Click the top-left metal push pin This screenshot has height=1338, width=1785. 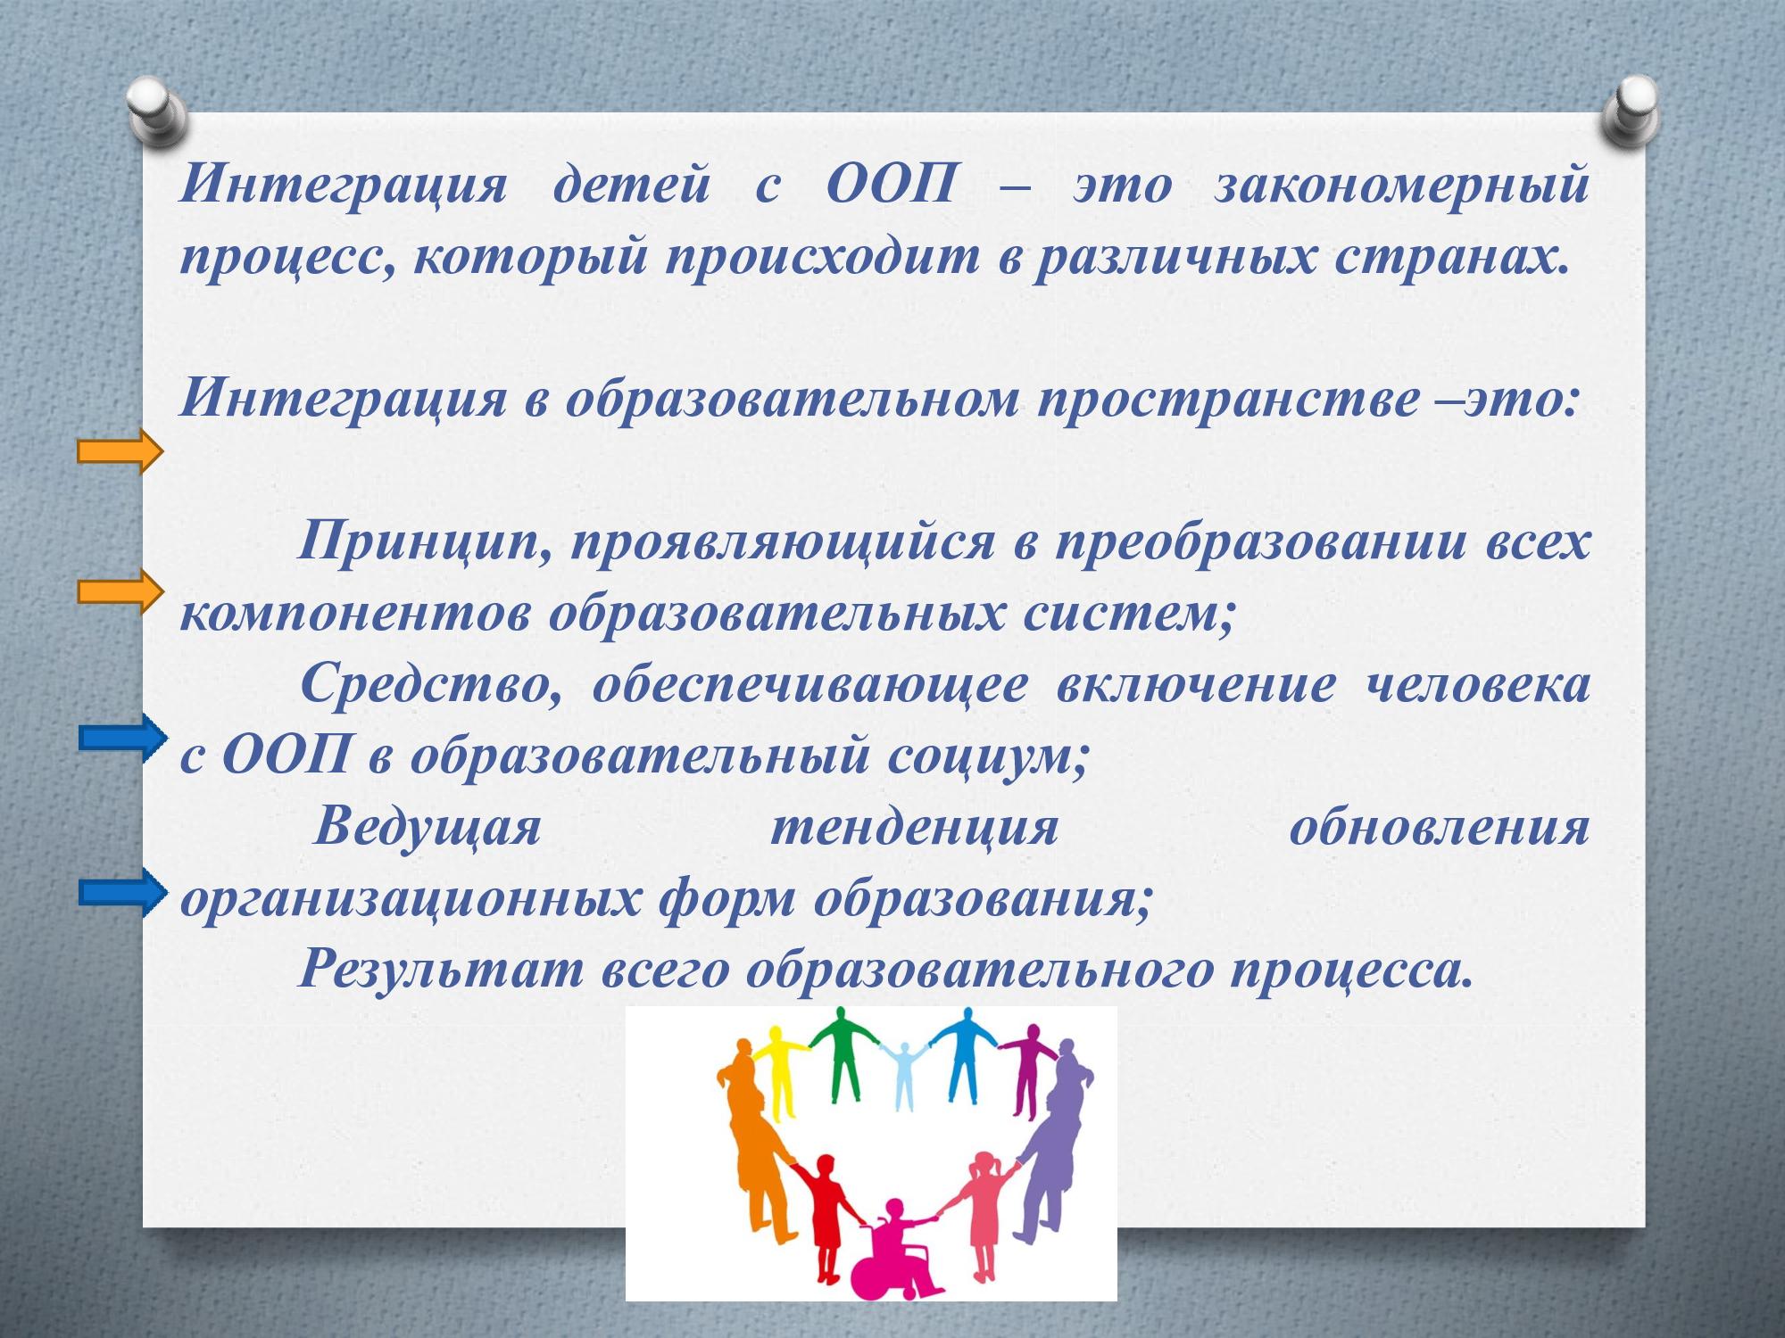click(157, 111)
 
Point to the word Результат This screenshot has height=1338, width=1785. click(437, 969)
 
